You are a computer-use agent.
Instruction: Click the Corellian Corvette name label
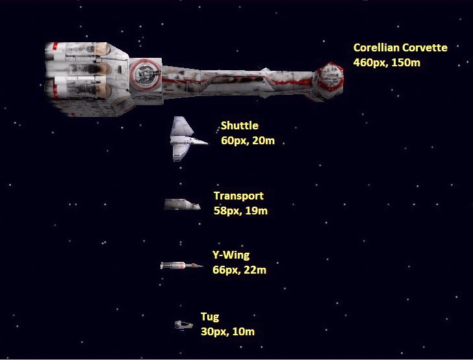[400, 48]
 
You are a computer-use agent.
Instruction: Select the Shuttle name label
[239, 126]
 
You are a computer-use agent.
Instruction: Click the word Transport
[238, 196]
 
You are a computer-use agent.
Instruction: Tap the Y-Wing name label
[231, 255]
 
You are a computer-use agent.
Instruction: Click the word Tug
[210, 317]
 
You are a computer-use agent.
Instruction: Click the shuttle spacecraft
[184, 139]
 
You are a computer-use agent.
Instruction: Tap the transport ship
[182, 205]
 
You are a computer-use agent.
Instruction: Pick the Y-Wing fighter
[181, 265]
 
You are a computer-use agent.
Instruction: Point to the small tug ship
[184, 324]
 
